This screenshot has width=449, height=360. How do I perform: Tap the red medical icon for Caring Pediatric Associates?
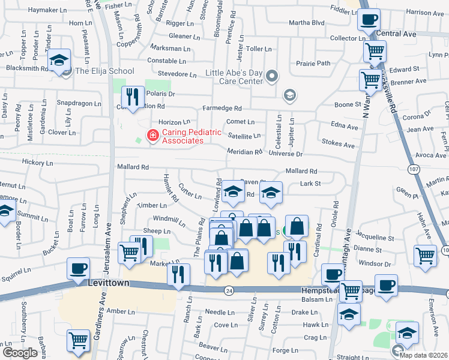[x=152, y=136]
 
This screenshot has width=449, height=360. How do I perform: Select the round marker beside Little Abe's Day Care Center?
[x=273, y=76]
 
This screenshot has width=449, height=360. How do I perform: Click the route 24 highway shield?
[x=229, y=291]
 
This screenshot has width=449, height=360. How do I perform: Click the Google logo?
[x=20, y=353]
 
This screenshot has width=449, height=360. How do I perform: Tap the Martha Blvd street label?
[x=306, y=23]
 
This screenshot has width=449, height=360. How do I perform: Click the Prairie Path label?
[x=313, y=63]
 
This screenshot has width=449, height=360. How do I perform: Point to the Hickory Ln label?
[x=37, y=162]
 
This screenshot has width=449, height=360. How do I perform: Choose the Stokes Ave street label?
[x=339, y=144]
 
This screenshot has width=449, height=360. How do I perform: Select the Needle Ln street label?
[x=219, y=312]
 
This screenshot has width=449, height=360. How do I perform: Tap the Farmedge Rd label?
[x=221, y=109]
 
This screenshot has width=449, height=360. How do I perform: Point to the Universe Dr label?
[x=285, y=154]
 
